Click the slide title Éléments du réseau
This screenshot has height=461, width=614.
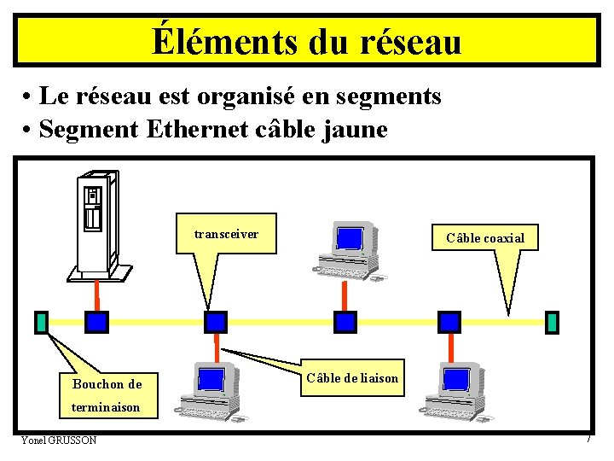coord(307,41)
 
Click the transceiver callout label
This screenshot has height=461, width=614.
coord(226,234)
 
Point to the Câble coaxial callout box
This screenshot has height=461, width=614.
coord(484,237)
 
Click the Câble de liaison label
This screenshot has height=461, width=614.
coord(352,377)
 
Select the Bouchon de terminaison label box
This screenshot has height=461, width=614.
coord(107,395)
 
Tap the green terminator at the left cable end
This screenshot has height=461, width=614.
coord(41,322)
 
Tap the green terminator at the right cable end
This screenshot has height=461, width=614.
coord(552,322)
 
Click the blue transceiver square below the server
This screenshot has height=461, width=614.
coord(97,321)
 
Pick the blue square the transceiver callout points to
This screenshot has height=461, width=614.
coord(217,321)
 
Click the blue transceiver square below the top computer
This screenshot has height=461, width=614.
coord(345,321)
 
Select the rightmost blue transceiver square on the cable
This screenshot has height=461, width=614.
coord(449,321)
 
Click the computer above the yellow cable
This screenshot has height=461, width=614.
coord(348,248)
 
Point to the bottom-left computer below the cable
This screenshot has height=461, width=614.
coord(209,390)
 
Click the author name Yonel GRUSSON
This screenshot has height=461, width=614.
coord(59,440)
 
